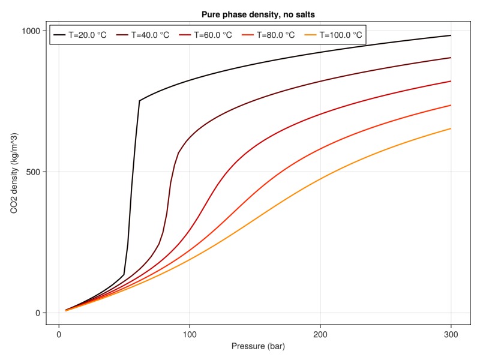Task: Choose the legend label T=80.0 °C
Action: [275, 35]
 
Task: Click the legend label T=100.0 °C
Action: [340, 35]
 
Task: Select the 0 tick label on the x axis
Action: [59, 334]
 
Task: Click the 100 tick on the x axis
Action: [190, 334]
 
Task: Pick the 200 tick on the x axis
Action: [320, 334]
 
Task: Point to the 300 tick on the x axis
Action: [451, 334]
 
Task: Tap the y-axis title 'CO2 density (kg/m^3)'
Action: [14, 172]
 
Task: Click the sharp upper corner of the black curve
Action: [139, 101]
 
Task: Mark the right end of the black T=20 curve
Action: [451, 35]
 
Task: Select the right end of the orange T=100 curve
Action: [451, 128]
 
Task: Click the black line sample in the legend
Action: [59, 35]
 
